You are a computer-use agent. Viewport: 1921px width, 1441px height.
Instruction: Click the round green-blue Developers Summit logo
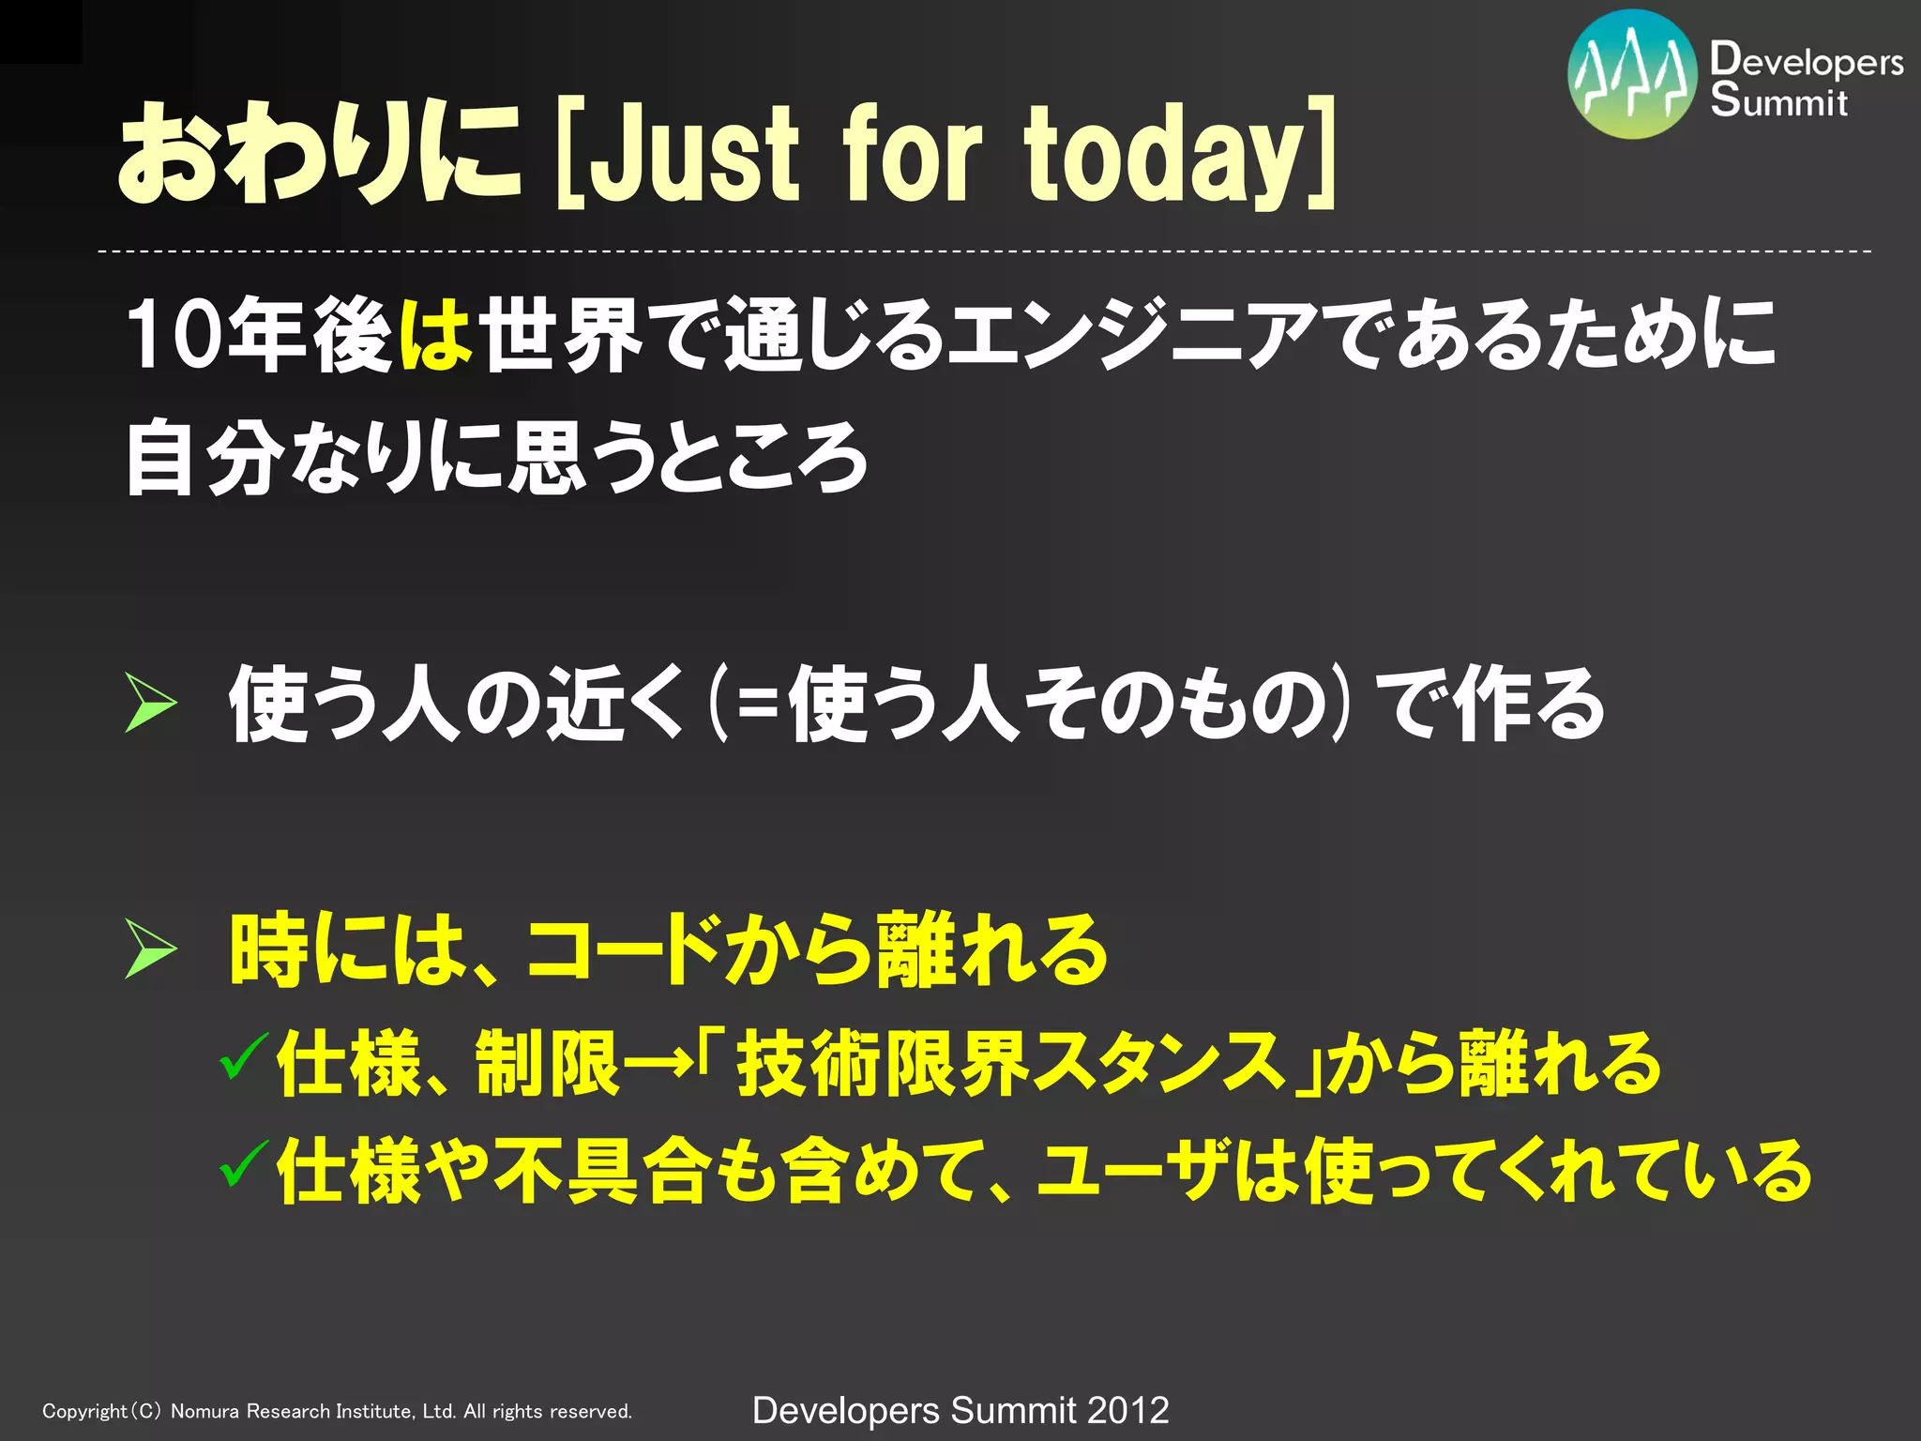pyautogui.click(x=1632, y=75)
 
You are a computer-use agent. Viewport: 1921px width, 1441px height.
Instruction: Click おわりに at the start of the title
pyautogui.click(x=319, y=152)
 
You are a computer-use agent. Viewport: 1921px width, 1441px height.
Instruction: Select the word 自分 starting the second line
pyautogui.click(x=204, y=458)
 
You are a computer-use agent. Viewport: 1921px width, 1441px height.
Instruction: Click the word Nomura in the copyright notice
pyautogui.click(x=205, y=1411)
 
